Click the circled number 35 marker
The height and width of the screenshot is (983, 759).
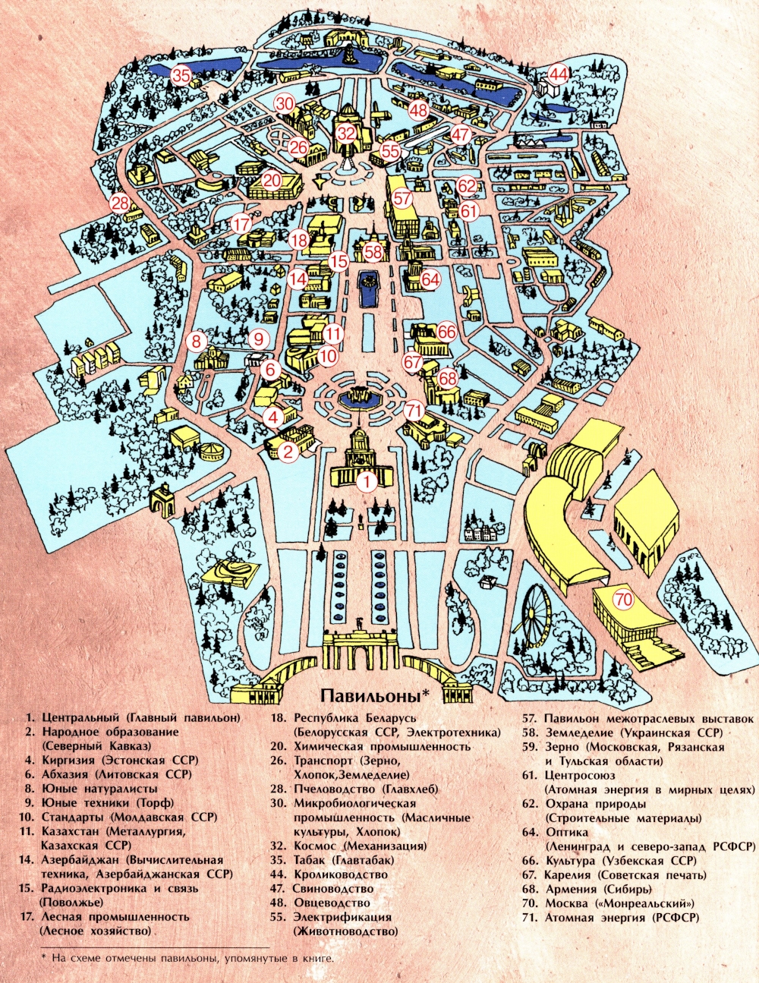[181, 75]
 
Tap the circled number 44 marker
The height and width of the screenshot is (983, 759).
[559, 74]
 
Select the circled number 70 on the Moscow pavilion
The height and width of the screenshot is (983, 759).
[623, 600]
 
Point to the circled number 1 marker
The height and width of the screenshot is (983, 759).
[367, 480]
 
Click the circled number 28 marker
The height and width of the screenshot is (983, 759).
[120, 203]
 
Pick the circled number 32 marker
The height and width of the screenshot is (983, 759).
[346, 134]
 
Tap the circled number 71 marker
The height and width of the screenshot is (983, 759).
[414, 410]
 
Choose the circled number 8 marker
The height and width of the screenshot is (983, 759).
[197, 341]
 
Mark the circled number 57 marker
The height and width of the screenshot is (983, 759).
[402, 199]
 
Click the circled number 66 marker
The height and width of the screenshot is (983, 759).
[446, 332]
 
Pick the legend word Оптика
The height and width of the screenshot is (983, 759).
[565, 832]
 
